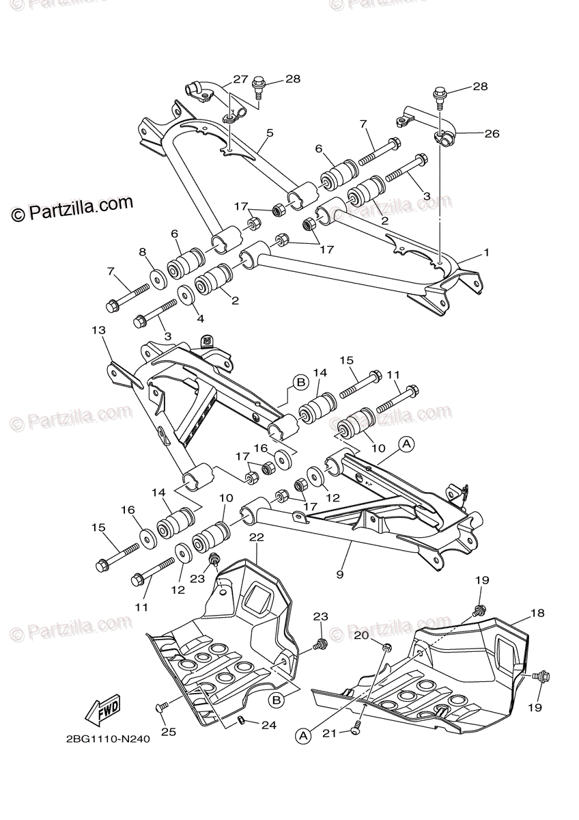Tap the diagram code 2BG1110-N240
(x=109, y=739)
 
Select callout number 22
(x=256, y=538)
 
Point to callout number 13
(x=99, y=331)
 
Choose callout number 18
(x=538, y=613)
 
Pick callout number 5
(x=270, y=133)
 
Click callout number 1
(x=486, y=252)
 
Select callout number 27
(x=240, y=79)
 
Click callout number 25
(x=168, y=732)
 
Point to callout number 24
(x=269, y=725)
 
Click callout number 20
(x=361, y=635)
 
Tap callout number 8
(x=143, y=252)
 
